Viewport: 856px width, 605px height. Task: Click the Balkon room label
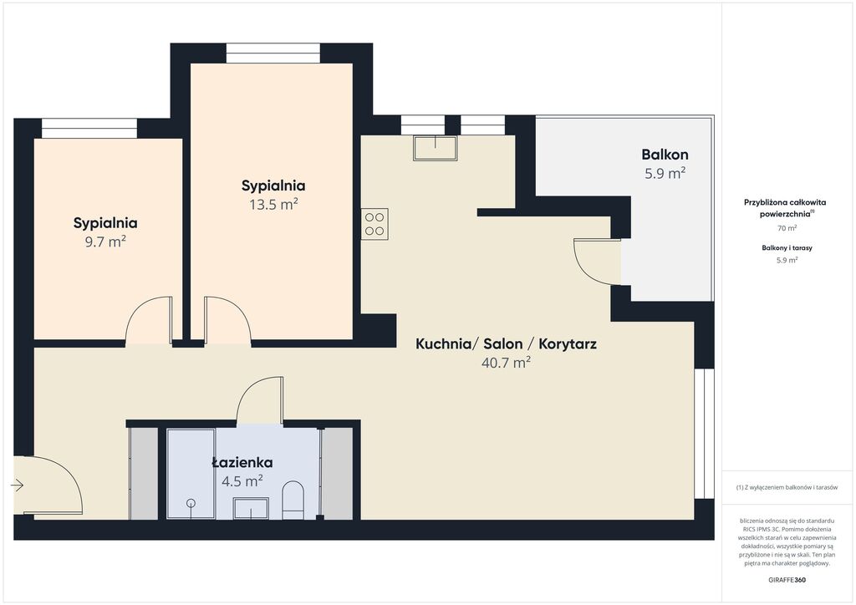coord(665,155)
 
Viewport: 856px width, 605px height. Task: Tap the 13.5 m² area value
coord(273,205)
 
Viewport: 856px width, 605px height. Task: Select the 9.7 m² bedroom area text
coord(105,241)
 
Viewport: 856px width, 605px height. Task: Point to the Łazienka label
coord(242,463)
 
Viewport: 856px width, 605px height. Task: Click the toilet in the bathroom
coord(293,499)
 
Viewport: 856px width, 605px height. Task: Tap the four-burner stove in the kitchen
coord(374,224)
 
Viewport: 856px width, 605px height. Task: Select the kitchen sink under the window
coord(435,148)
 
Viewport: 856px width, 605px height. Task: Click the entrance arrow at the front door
coord(18,485)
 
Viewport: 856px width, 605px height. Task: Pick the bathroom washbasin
coord(251,508)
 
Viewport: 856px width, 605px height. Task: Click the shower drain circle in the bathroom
coord(191,503)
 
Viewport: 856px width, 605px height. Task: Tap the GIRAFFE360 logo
coord(787,580)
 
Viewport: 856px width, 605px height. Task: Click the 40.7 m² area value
coord(506,363)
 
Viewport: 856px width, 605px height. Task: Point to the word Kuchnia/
coord(447,344)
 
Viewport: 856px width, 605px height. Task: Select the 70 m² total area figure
coord(787,228)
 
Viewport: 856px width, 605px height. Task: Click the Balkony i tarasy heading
coord(787,247)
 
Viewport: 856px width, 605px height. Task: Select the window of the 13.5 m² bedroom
coord(273,53)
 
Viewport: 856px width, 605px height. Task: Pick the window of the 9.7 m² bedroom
coord(89,129)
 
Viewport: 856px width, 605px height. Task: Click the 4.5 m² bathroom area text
coord(242,481)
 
